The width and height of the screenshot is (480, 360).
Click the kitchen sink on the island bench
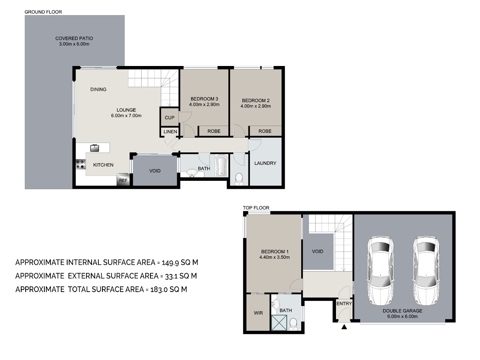[x=94, y=148]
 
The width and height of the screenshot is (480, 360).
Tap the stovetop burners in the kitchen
[x=81, y=164]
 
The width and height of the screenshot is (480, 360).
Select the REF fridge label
[x=123, y=180]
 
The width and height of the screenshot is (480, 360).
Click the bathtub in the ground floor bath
[x=222, y=166]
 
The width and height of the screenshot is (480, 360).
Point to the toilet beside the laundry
[x=239, y=179]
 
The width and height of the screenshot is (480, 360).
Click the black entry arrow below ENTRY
[x=344, y=327]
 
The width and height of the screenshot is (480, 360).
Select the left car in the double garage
[x=380, y=270]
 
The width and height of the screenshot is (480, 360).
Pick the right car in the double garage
[x=426, y=270]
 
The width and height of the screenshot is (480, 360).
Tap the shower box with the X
[x=279, y=323]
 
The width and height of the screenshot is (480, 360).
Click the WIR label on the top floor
[x=258, y=313]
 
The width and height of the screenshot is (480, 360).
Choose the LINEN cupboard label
[x=170, y=132]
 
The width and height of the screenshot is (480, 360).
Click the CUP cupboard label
[x=170, y=118]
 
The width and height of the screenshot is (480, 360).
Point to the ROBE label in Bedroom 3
[x=214, y=131]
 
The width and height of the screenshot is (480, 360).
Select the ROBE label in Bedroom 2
[x=265, y=131]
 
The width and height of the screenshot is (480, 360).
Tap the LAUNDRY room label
[x=265, y=163]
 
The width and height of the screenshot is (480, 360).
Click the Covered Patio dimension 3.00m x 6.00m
[x=74, y=44]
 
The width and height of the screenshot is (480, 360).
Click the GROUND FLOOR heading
[x=43, y=12]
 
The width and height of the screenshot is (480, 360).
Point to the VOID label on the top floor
[x=318, y=251]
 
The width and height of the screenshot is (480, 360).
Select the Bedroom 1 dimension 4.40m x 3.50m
[x=274, y=257]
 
